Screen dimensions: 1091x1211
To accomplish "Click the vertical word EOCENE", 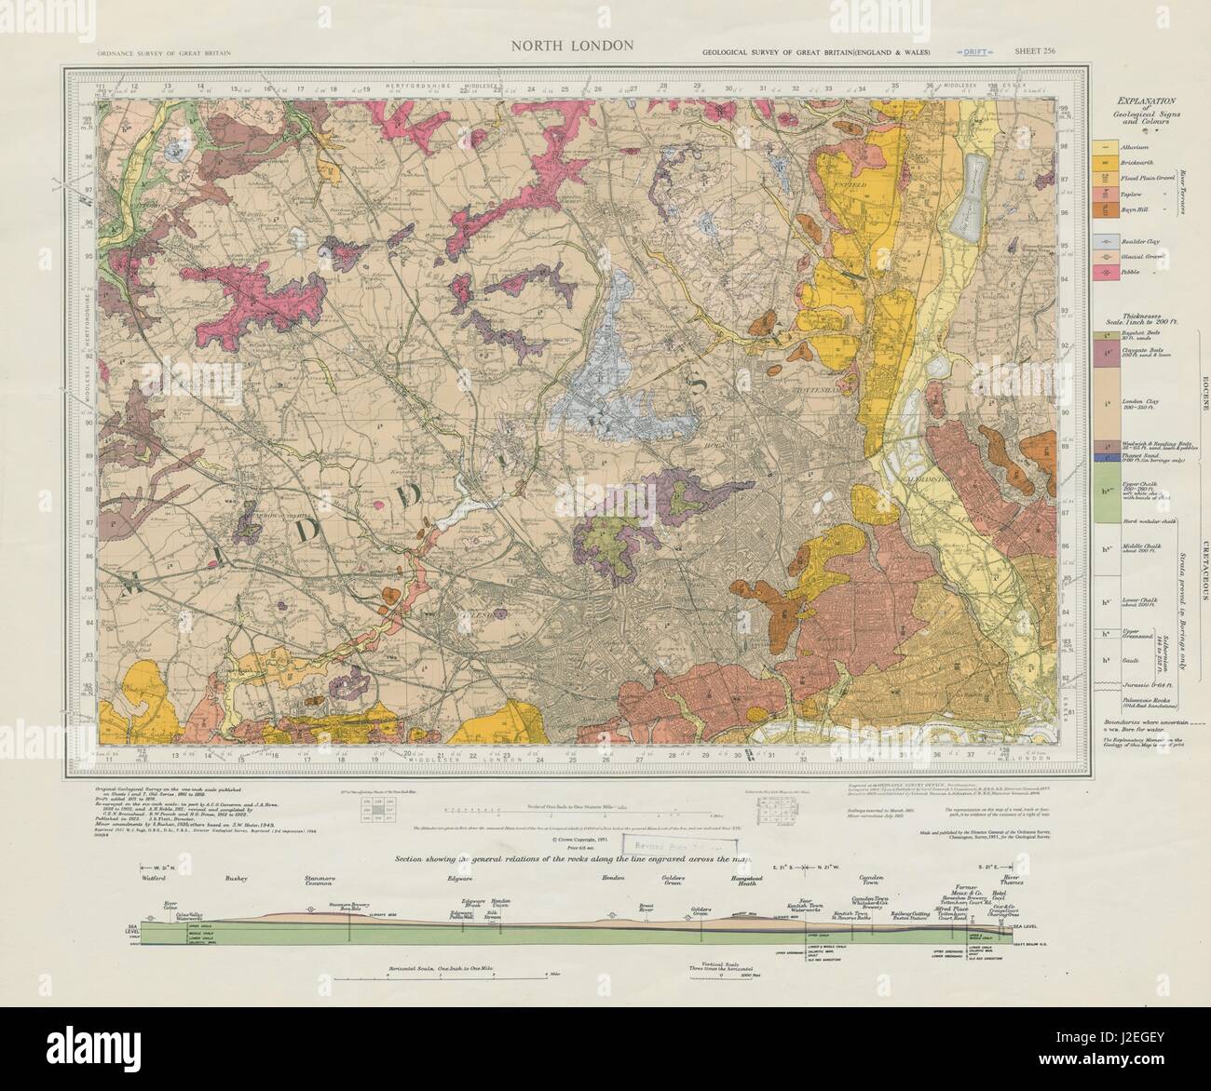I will click(1202, 391).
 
